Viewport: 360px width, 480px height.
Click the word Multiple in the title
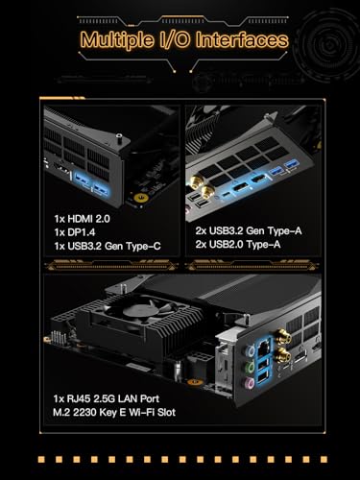tap(118, 40)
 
